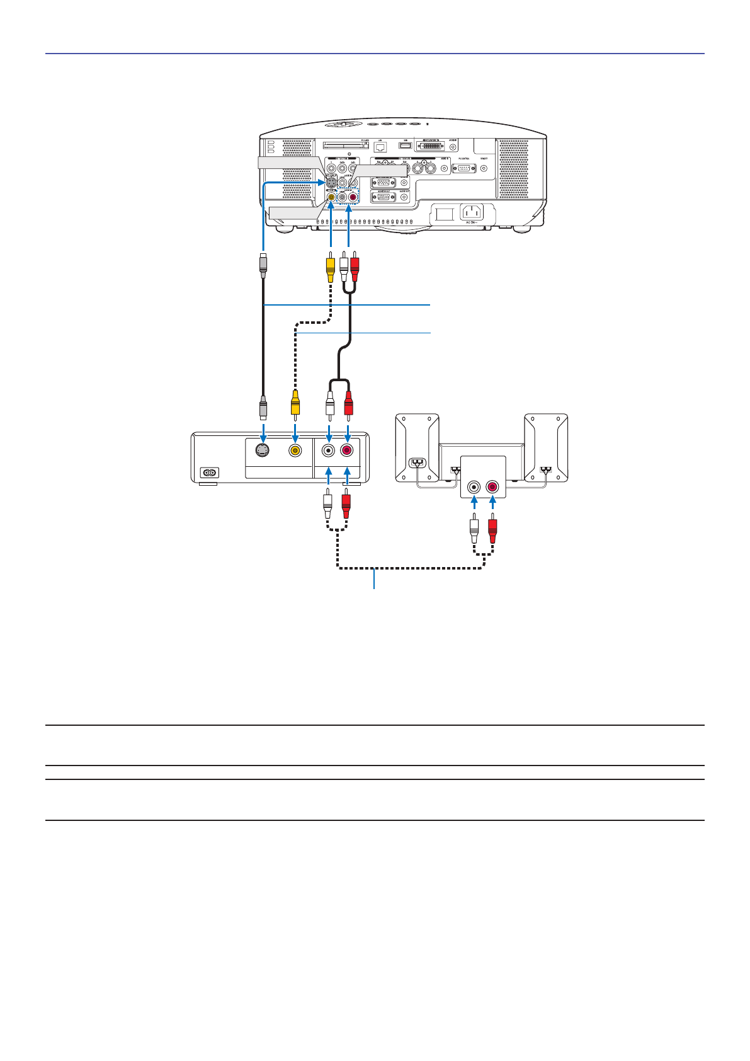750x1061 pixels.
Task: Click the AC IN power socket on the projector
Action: pos(472,212)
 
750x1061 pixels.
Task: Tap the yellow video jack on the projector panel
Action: pos(331,197)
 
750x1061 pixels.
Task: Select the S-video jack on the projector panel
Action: pos(331,183)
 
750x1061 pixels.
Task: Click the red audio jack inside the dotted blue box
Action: pos(353,197)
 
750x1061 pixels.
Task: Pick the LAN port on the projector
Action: pos(380,146)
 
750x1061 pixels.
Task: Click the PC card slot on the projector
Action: pos(345,145)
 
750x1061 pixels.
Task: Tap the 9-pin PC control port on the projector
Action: pos(463,168)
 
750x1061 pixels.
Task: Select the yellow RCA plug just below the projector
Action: pos(330,268)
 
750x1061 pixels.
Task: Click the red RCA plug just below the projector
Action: pos(355,268)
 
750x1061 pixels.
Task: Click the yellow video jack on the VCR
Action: pos(295,450)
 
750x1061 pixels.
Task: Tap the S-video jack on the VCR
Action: pos(263,450)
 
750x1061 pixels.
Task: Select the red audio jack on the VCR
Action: pos(347,450)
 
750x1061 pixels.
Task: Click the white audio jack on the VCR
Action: pos(328,450)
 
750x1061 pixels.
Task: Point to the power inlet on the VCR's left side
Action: pos(208,473)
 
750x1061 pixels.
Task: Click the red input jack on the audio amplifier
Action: pos(492,487)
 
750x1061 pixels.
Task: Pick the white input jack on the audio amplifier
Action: pos(474,487)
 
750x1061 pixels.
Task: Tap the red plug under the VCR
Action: pos(345,506)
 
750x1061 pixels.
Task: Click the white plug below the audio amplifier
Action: pos(474,529)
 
